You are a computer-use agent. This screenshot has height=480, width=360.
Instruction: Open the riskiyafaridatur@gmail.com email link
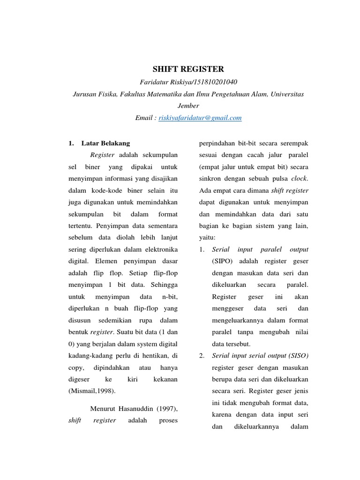tap(200, 118)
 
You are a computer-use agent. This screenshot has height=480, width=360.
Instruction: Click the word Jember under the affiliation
tap(188, 106)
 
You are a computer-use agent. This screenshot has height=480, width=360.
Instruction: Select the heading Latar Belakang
tap(105, 143)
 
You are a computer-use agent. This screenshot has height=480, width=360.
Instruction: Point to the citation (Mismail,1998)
tap(92, 390)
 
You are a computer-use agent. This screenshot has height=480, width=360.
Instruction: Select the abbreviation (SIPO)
tap(223, 261)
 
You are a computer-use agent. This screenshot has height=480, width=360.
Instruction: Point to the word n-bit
tap(170, 297)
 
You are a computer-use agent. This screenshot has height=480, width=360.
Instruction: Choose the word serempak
tap(294, 143)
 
